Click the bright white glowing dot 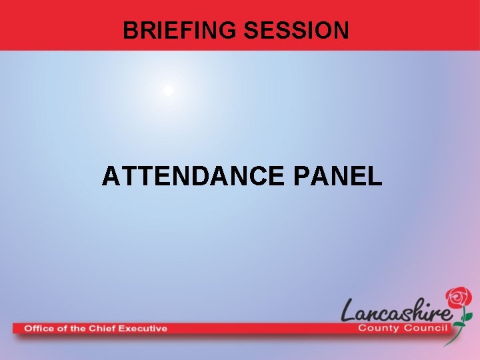click(169, 90)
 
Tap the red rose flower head click(459, 297)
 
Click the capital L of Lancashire click(350, 310)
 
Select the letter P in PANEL click(301, 176)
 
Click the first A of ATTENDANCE click(111, 176)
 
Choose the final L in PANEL click(375, 176)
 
